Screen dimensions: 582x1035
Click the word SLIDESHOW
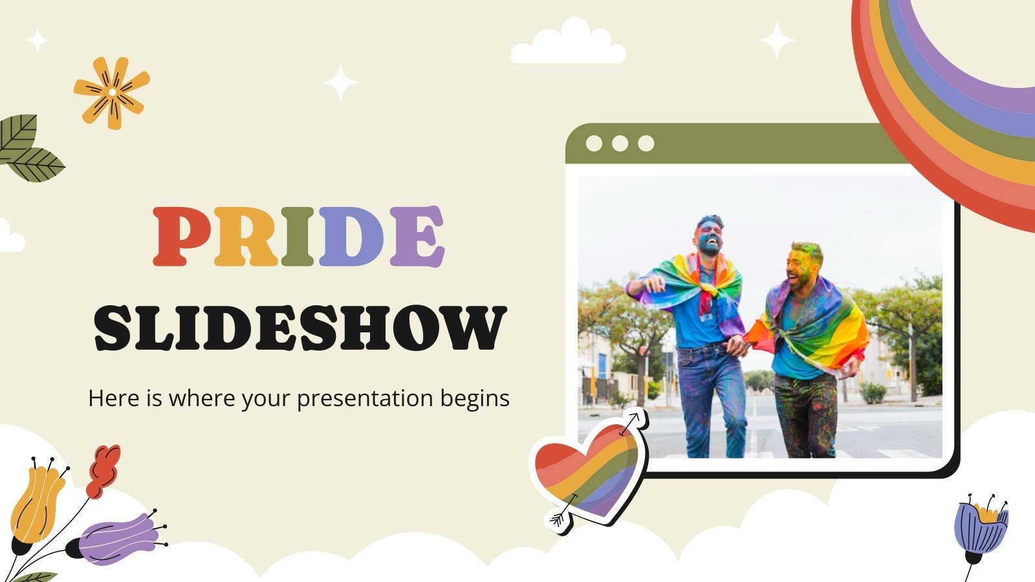pyautogui.click(x=299, y=328)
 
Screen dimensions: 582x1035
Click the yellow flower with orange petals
pyautogui.click(x=112, y=92)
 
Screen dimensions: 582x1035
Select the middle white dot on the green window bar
pyautogui.click(x=620, y=144)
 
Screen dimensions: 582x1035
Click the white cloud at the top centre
pyautogui.click(x=568, y=44)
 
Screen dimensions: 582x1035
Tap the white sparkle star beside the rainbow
pyautogui.click(x=776, y=40)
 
